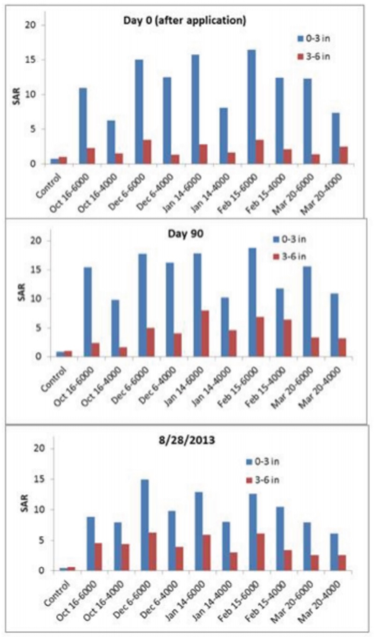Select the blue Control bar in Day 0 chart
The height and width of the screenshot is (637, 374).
pos(55,161)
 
